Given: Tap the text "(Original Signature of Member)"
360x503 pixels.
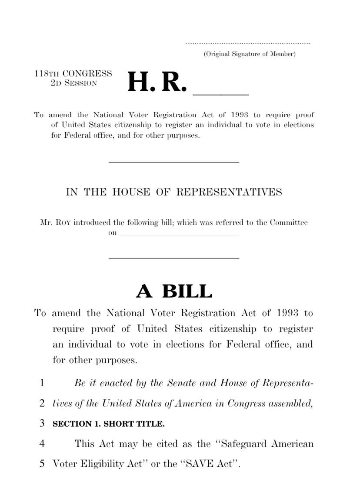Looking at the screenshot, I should [250, 54].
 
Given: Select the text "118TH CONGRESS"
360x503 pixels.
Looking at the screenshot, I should [73, 74].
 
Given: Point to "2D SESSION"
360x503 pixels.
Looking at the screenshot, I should [74, 83].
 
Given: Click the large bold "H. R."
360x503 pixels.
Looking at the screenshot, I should [157, 83].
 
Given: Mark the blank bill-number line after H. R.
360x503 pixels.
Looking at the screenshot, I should [220, 93].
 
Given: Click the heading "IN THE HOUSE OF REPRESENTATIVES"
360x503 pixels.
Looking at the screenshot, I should [174, 192].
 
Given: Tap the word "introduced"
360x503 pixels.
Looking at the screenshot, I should [92, 223].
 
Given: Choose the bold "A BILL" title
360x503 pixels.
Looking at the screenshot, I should [174, 291].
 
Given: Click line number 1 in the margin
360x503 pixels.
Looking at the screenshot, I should [42, 383].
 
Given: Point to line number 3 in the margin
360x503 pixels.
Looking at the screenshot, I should [42, 424].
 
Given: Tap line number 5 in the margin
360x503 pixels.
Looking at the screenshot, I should [42, 463].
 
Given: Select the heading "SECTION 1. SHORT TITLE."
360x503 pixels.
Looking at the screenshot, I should [109, 424].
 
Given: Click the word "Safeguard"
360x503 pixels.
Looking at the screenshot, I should [244, 444].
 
